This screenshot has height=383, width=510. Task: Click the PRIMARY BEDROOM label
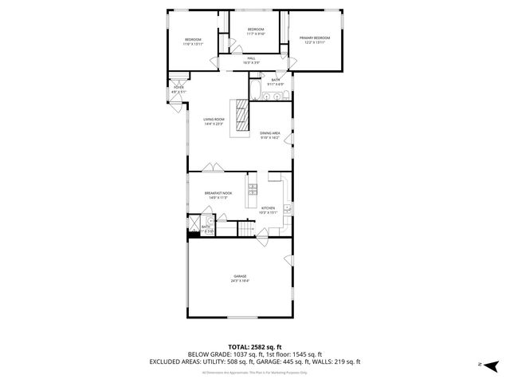[314, 38]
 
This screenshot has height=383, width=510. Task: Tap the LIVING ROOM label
[214, 120]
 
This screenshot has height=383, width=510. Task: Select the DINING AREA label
[269, 134]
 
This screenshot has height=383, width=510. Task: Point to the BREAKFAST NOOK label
[217, 194]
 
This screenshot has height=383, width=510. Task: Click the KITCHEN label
[269, 209]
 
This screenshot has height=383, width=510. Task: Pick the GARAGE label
[240, 278]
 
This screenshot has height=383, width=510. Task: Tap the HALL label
[251, 59]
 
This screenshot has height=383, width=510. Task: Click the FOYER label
[178, 89]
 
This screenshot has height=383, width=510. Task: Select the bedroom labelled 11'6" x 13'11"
[194, 41]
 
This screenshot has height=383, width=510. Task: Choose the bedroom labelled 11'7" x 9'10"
[255, 30]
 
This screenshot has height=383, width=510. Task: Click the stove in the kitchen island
[253, 189]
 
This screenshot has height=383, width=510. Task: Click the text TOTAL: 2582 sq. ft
[254, 347]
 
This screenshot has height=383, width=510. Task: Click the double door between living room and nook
[212, 168]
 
